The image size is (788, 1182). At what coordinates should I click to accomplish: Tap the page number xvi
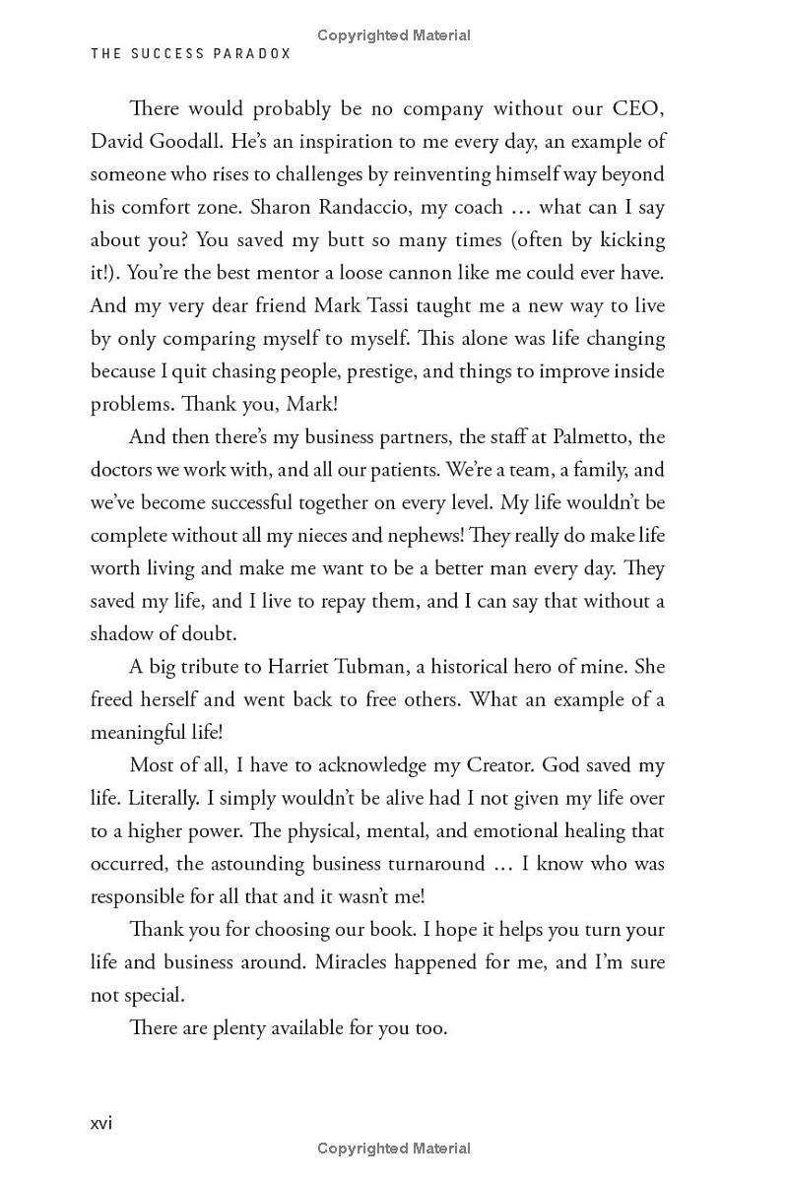(x=101, y=1123)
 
